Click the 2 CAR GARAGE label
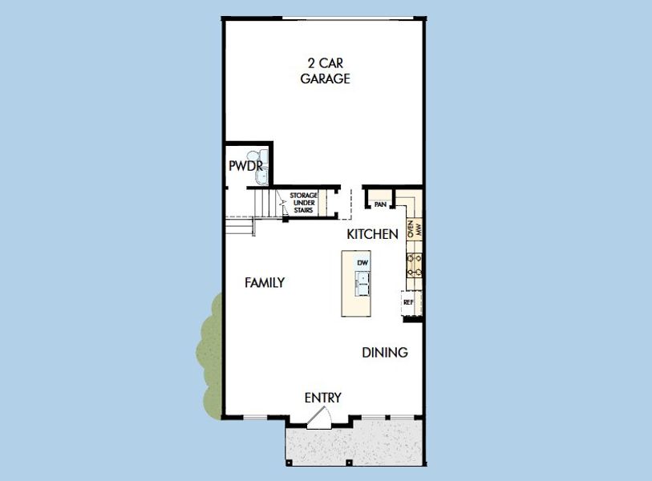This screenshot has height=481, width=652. [325, 71]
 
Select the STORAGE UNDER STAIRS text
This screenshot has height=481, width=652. [303, 203]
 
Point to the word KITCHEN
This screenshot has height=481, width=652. [372, 234]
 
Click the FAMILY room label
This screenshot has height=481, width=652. [265, 282]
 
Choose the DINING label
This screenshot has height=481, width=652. [385, 352]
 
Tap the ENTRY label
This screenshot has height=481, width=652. [323, 398]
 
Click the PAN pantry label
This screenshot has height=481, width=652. [380, 204]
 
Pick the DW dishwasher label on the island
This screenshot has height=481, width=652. [362, 263]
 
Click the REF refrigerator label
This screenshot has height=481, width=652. [408, 302]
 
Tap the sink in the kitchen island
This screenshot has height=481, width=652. [362, 280]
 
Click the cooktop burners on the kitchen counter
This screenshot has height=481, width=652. [415, 265]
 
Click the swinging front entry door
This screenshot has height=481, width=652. [318, 416]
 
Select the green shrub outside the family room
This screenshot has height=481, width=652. [210, 353]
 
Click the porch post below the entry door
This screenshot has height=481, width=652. [350, 462]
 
